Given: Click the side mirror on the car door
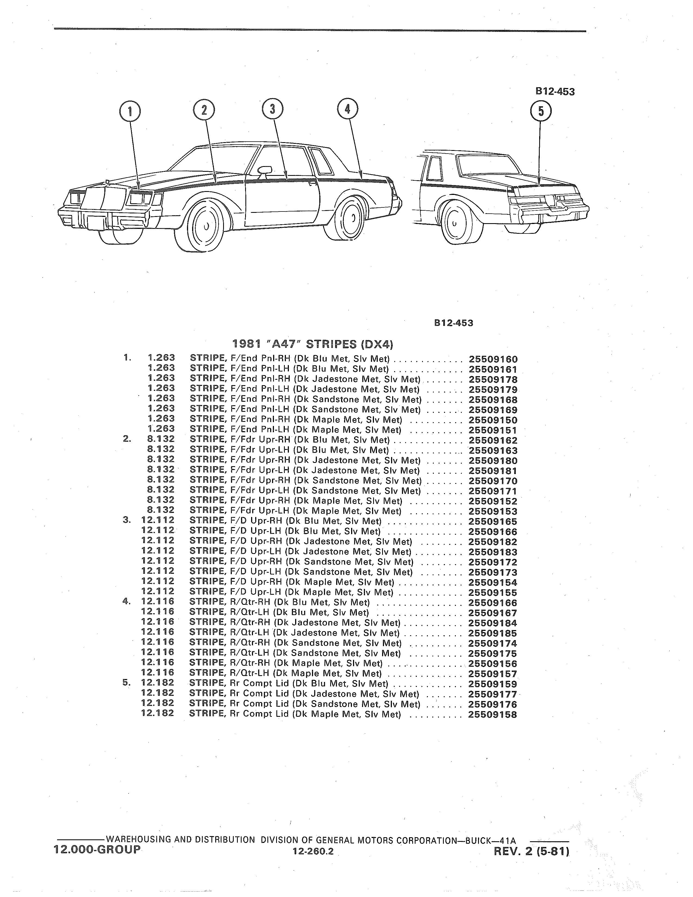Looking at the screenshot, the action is (x=264, y=170).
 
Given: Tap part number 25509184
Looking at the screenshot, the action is (x=493, y=623).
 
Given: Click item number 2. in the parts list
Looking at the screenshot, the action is (x=127, y=439).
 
